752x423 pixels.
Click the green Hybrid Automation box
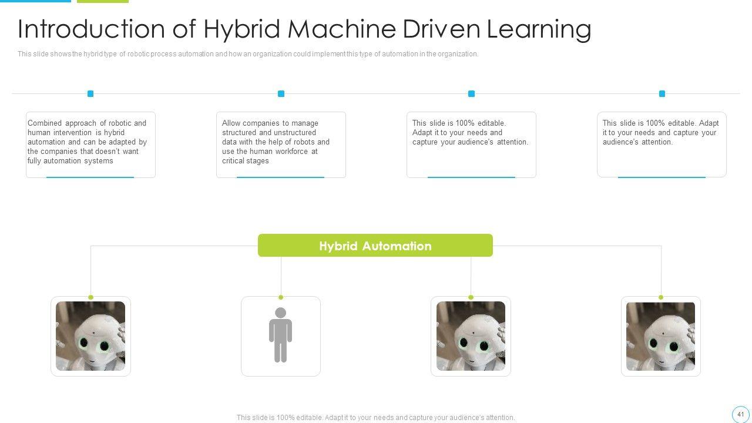click(x=375, y=246)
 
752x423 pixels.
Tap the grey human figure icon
click(x=281, y=335)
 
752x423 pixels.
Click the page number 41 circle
click(x=740, y=414)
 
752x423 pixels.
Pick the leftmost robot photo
click(x=90, y=336)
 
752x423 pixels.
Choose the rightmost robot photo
click(x=660, y=336)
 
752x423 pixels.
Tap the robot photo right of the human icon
click(x=471, y=336)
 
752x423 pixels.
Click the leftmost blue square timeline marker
click(x=90, y=93)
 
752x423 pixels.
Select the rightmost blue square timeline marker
click(x=662, y=93)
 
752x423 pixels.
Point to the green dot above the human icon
click(x=281, y=297)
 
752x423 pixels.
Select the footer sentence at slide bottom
click(x=376, y=418)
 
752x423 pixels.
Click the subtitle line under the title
click(x=248, y=54)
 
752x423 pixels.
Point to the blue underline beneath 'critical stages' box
click(x=280, y=177)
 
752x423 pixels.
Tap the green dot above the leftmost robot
click(x=90, y=297)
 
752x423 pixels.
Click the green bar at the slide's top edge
click(x=103, y=1)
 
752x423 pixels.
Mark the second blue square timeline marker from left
click(x=281, y=93)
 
